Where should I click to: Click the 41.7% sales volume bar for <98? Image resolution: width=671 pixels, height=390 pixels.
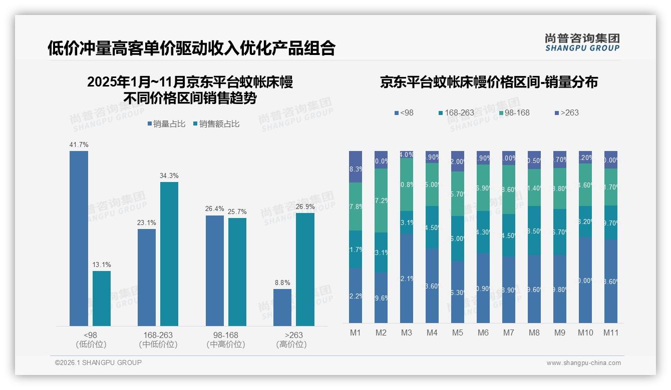pyautogui.click(x=79, y=238)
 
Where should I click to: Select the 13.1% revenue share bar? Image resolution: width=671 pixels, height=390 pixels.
pyautogui.click(x=102, y=298)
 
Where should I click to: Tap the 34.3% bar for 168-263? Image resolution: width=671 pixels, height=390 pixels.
pyautogui.click(x=169, y=254)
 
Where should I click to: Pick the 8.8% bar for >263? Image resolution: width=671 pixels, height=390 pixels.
pyautogui.click(x=282, y=307)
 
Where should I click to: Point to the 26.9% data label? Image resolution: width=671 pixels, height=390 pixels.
pyautogui.click(x=305, y=206)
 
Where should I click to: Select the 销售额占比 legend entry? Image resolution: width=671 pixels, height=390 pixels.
pyautogui.click(x=216, y=124)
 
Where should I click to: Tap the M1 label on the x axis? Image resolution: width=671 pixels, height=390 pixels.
pyautogui.click(x=356, y=332)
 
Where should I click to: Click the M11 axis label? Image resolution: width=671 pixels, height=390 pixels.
pyautogui.click(x=610, y=332)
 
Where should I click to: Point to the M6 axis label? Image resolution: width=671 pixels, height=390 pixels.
pyautogui.click(x=483, y=332)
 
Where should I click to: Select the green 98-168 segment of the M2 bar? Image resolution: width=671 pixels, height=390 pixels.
pyautogui.click(x=381, y=200)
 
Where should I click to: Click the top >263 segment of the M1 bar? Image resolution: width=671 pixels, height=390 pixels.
pyautogui.click(x=356, y=166)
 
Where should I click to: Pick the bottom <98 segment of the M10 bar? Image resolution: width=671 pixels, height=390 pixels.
pyautogui.click(x=585, y=280)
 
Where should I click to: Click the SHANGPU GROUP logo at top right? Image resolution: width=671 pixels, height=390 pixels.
pyautogui.click(x=582, y=42)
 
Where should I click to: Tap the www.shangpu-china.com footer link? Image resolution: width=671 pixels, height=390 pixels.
pyautogui.click(x=583, y=363)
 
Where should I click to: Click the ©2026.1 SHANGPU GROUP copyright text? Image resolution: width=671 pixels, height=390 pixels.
pyautogui.click(x=98, y=362)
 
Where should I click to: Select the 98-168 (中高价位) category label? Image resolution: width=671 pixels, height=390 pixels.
pyautogui.click(x=225, y=339)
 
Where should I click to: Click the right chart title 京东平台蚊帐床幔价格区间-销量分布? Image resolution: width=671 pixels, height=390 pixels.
pyautogui.click(x=489, y=82)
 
